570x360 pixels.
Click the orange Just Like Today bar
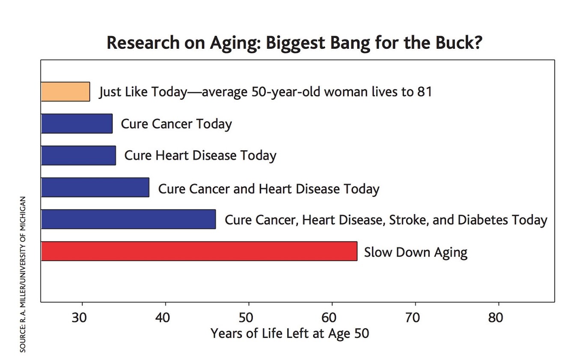[x=65, y=91]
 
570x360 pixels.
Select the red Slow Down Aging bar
[x=199, y=251]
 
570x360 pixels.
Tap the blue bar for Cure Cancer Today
[x=77, y=124]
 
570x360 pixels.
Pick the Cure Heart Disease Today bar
[x=78, y=155]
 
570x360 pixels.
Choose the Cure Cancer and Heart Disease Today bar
[x=95, y=187]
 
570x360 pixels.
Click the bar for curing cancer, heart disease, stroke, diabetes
[x=128, y=219]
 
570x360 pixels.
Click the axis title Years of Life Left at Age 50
[x=290, y=333]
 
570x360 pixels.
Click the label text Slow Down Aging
[x=416, y=252]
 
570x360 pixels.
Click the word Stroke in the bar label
[x=408, y=220]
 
